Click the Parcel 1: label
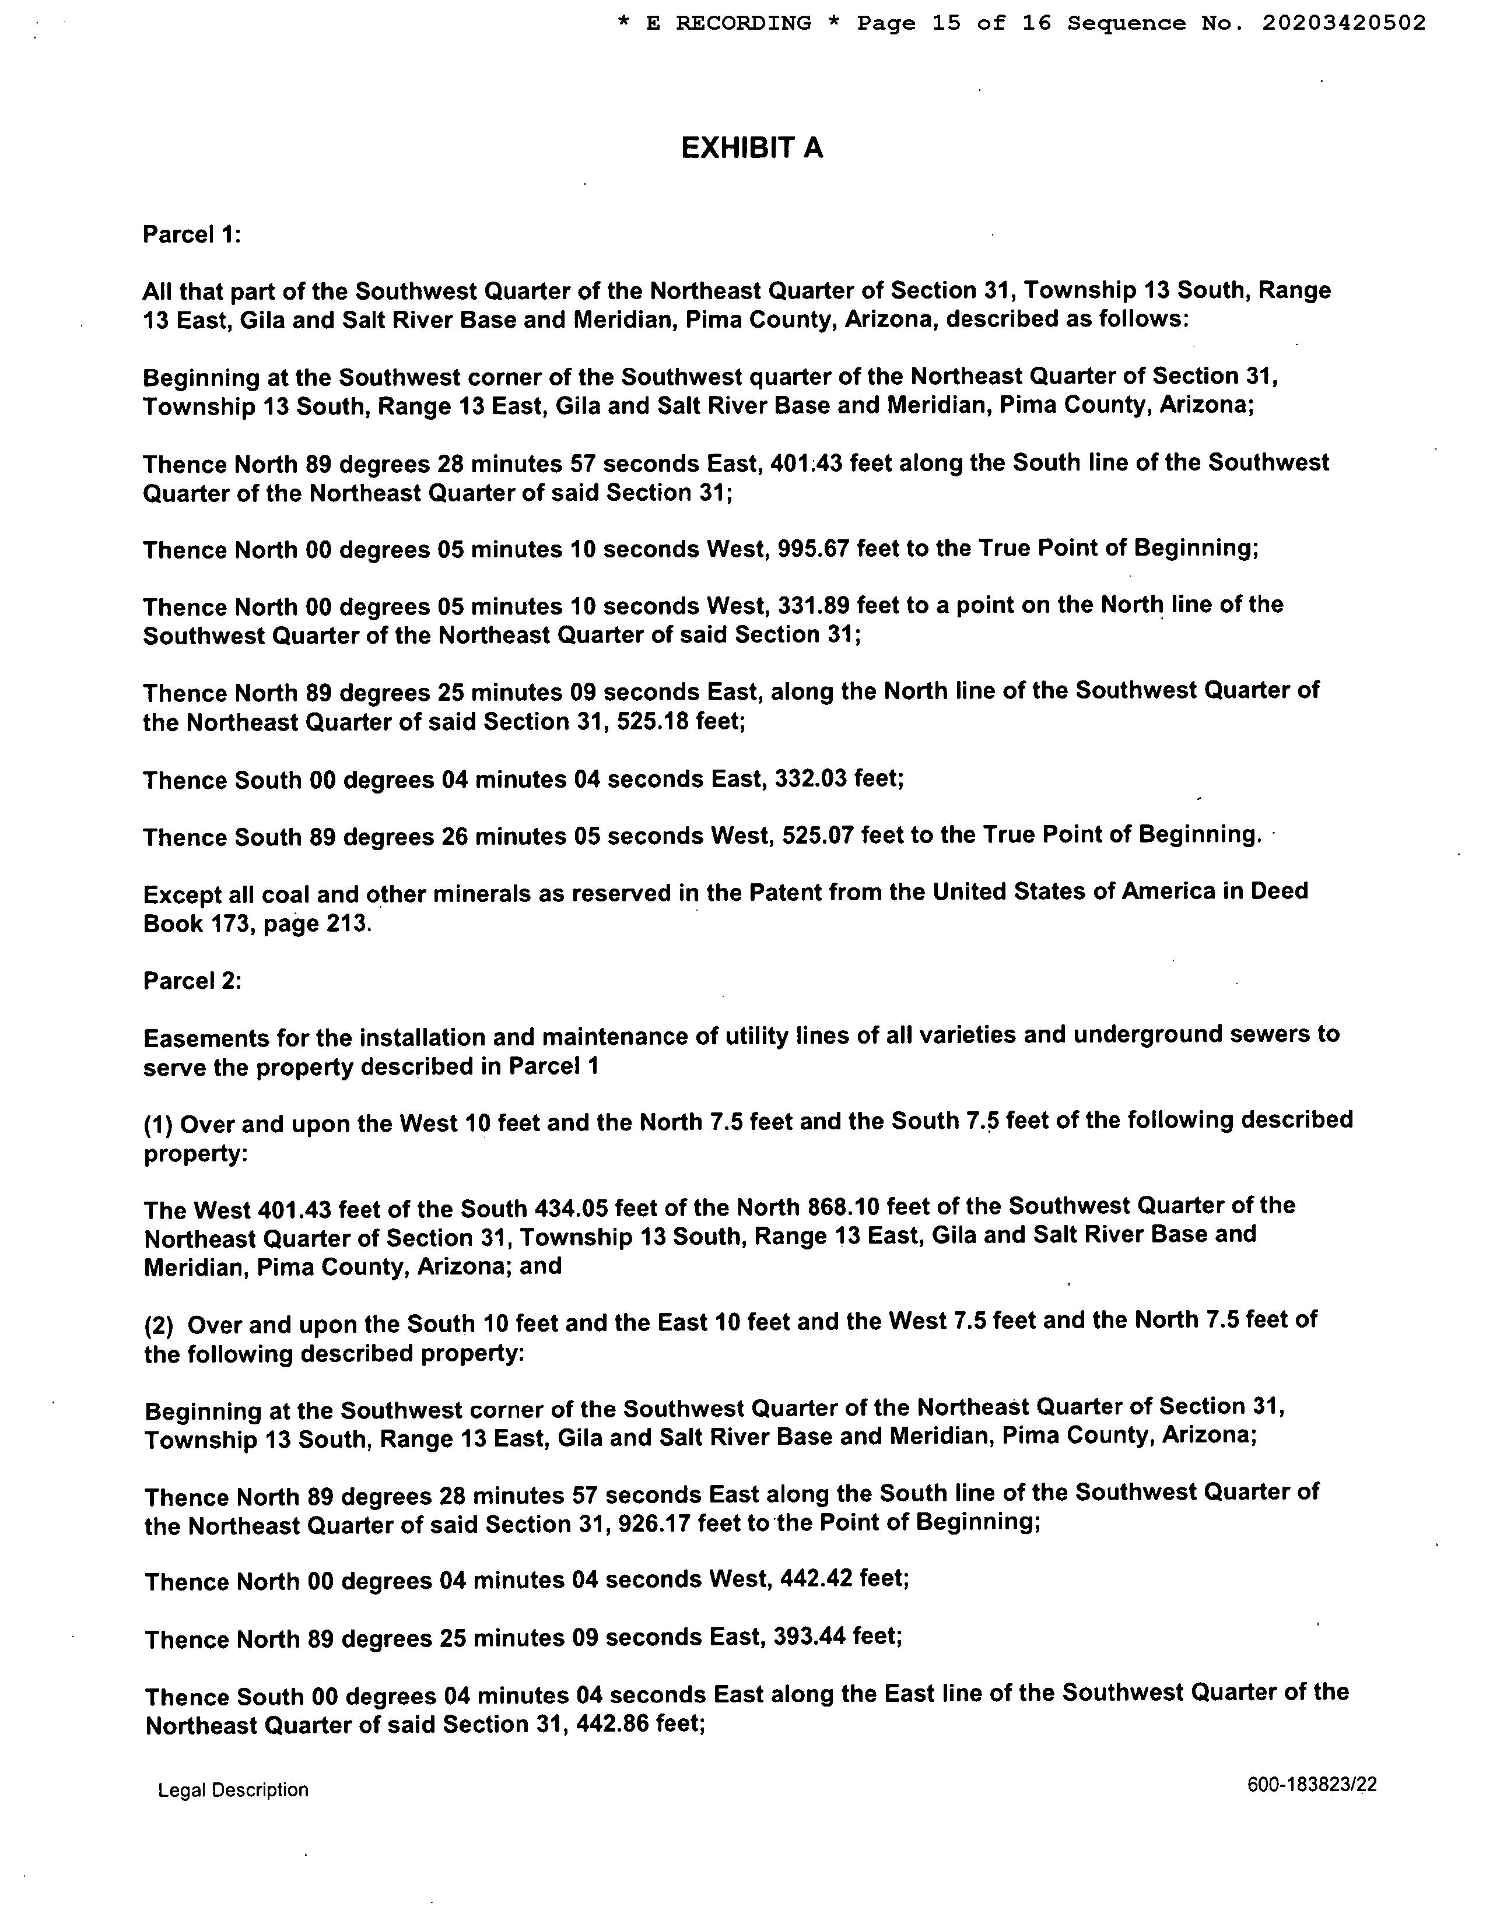coord(192,235)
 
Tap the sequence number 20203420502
coord(1344,23)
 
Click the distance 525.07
coord(818,835)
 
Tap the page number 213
coord(339,924)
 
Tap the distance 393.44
coord(811,1638)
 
